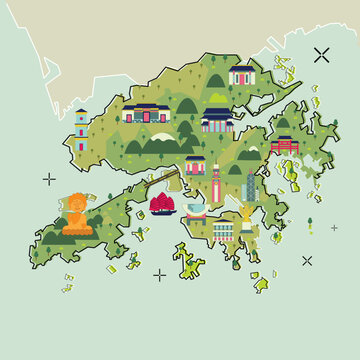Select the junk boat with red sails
[159, 203]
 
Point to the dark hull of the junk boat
[159, 212]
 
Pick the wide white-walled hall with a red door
[143, 113]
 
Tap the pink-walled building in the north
[242, 75]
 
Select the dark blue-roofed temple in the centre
[216, 120]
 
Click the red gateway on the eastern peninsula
[285, 145]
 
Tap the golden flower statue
[244, 214]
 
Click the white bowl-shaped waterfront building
[195, 210]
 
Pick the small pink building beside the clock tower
[195, 165]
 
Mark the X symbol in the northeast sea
[321, 56]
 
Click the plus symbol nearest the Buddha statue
[49, 179]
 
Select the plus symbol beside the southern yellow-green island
[160, 274]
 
